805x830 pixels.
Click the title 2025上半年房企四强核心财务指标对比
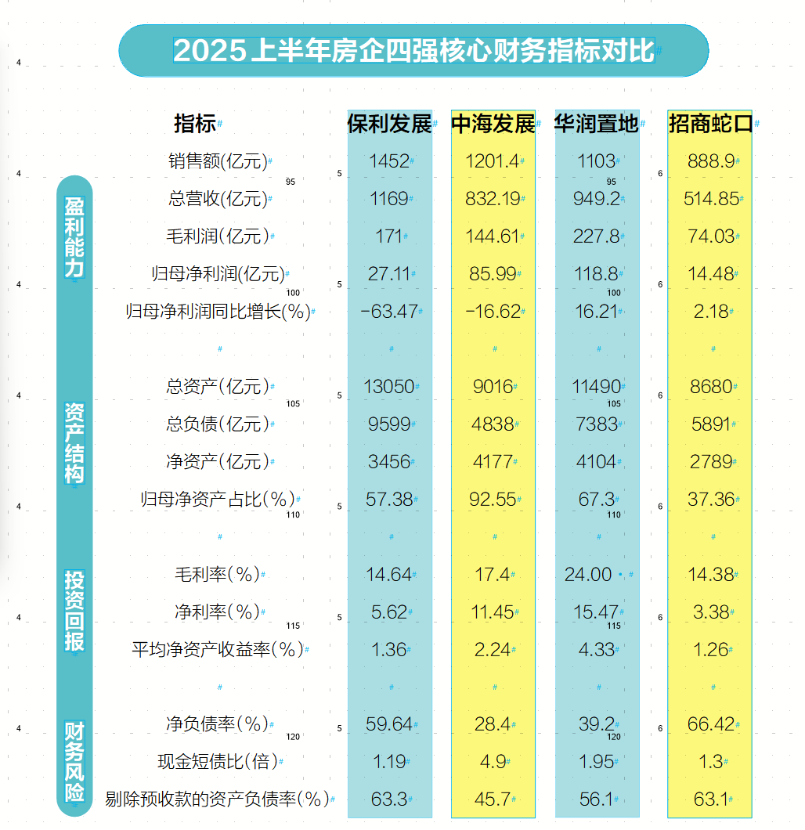click(x=413, y=51)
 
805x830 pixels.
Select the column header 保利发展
click(x=389, y=124)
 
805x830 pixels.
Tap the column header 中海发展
click(x=493, y=124)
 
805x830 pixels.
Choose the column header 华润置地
click(x=597, y=124)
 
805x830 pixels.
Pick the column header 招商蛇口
click(x=710, y=124)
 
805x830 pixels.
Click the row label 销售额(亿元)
click(x=217, y=162)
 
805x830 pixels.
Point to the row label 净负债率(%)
click(x=217, y=724)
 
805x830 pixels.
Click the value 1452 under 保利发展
click(x=389, y=161)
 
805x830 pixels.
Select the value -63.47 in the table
click(x=389, y=312)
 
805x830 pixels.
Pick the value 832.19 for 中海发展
click(x=493, y=199)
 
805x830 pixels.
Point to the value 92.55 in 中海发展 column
click(x=493, y=499)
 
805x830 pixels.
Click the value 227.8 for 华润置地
click(x=596, y=236)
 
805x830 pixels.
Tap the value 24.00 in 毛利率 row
click(x=588, y=575)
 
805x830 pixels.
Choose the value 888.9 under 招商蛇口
click(x=710, y=161)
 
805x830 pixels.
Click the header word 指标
click(x=194, y=124)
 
